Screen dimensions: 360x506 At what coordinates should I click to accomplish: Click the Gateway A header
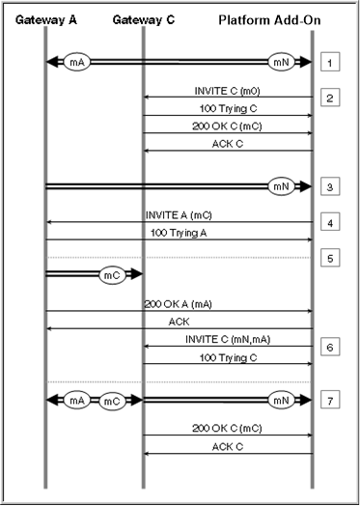(x=45, y=20)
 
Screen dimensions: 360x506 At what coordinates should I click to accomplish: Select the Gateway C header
(x=144, y=20)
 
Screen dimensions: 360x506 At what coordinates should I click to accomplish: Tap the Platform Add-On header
(x=269, y=20)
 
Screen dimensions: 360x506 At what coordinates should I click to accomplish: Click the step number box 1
(x=330, y=62)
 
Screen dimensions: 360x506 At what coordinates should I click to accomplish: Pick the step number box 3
(x=330, y=186)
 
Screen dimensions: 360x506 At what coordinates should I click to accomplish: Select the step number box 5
(x=330, y=258)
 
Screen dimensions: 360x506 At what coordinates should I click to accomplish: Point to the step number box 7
(x=330, y=401)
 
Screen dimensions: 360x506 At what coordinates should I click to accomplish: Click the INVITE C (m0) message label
(x=227, y=91)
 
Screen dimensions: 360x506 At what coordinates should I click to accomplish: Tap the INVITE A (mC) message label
(x=179, y=215)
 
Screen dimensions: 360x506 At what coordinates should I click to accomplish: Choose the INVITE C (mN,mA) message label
(x=228, y=340)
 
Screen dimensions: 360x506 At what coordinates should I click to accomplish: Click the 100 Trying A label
(x=179, y=233)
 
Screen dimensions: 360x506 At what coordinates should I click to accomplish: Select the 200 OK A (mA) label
(x=178, y=304)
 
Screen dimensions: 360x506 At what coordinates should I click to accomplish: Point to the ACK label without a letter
(x=179, y=322)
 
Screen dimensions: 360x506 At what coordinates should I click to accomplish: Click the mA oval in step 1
(x=77, y=62)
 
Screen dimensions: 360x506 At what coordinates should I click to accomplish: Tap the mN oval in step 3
(x=281, y=186)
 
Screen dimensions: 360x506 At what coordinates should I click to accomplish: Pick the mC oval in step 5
(x=112, y=275)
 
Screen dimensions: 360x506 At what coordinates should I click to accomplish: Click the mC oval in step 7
(x=112, y=401)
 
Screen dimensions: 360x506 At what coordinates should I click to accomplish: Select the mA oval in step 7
(x=77, y=400)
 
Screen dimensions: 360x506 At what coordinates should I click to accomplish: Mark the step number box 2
(x=330, y=98)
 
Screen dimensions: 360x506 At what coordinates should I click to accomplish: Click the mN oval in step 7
(x=281, y=400)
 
